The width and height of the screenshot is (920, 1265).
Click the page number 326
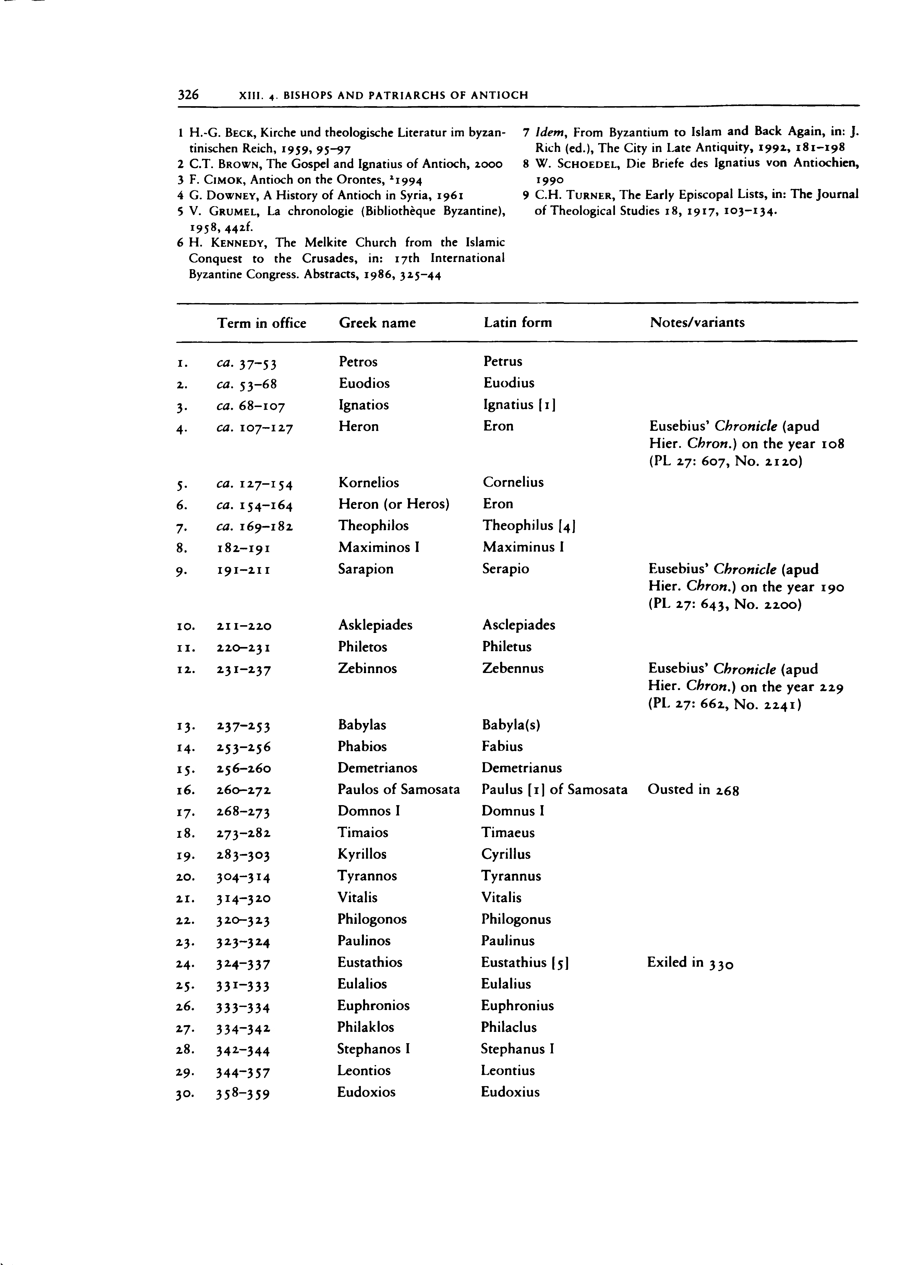pos(188,95)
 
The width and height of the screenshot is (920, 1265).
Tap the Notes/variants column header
pos(697,322)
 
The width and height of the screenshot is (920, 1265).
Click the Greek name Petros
pos(358,362)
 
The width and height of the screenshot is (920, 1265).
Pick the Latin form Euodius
pos(508,383)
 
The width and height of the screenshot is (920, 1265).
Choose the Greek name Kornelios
pos(369,483)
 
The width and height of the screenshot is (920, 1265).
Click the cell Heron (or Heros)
pos(394,504)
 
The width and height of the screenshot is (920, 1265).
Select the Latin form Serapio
pos(506,569)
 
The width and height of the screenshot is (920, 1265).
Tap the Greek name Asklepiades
pos(375,625)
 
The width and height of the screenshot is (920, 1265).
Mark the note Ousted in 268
pos(693,790)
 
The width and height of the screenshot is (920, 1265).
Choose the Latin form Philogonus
pos(516,919)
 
